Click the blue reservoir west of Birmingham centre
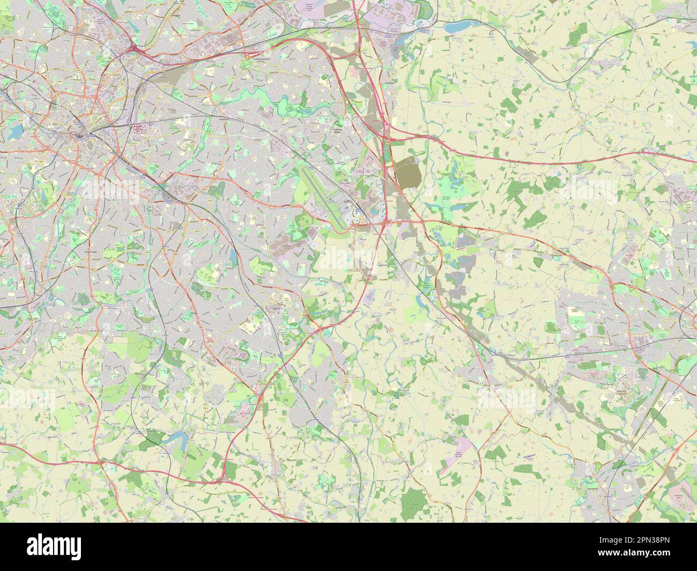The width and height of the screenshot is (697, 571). (14, 130)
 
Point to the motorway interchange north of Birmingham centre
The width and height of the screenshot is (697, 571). (134, 50)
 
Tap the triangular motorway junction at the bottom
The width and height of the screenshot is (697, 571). (227, 470)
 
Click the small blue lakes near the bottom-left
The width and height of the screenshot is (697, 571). (174, 441)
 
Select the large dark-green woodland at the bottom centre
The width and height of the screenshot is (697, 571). (412, 500)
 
